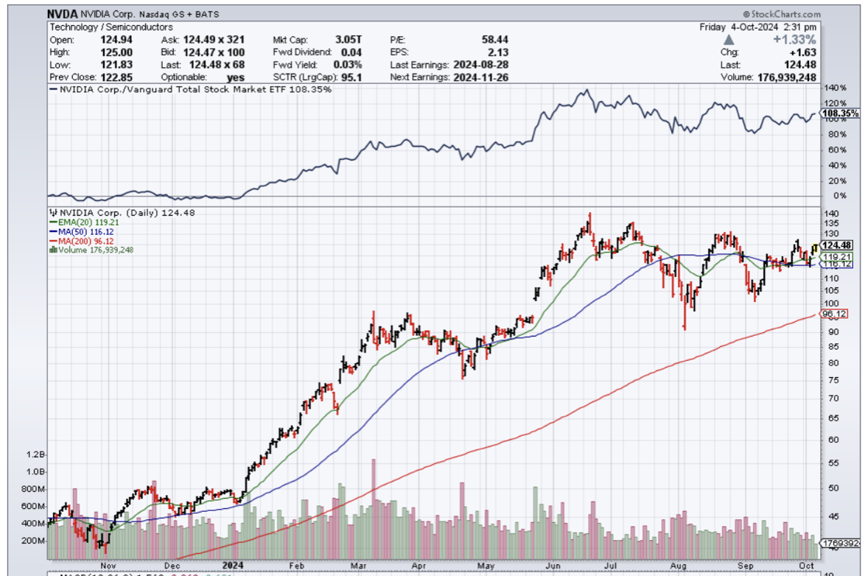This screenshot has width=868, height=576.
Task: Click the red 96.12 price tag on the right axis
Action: tap(836, 314)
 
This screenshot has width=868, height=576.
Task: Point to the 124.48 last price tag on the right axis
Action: tap(837, 246)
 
